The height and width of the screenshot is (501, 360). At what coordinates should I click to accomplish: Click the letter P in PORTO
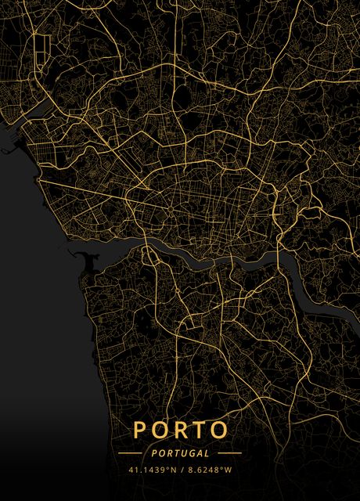[x=140, y=431]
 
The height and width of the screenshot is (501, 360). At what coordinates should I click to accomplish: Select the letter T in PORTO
[x=198, y=431]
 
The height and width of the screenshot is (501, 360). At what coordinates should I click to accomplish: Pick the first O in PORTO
[x=159, y=431]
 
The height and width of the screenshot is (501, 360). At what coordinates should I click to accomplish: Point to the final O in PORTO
[x=218, y=431]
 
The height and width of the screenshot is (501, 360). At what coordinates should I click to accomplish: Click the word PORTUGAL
[x=181, y=453]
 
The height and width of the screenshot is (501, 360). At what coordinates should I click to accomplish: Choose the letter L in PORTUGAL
[x=207, y=453]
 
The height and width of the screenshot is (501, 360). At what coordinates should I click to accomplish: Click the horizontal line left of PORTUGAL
[x=130, y=453]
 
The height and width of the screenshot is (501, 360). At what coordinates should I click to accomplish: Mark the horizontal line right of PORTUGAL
[x=230, y=453]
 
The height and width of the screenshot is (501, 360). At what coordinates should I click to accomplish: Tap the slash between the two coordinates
[x=182, y=470]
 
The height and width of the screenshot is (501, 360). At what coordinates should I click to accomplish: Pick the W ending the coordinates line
[x=229, y=470]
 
